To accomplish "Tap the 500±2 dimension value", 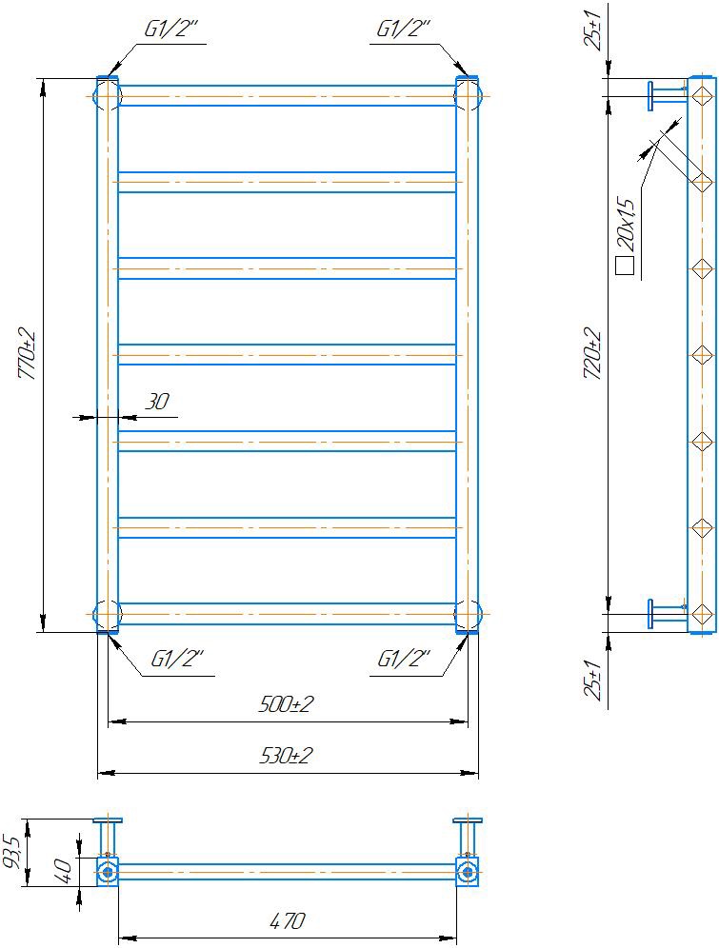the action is [x=286, y=703].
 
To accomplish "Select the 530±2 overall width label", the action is [x=286, y=755].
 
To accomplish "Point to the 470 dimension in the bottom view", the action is [x=288, y=920].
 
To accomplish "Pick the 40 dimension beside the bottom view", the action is [x=64, y=870].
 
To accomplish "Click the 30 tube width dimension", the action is [x=157, y=402].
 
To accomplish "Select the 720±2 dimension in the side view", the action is [x=592, y=354].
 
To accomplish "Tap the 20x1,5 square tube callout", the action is [x=627, y=225].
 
